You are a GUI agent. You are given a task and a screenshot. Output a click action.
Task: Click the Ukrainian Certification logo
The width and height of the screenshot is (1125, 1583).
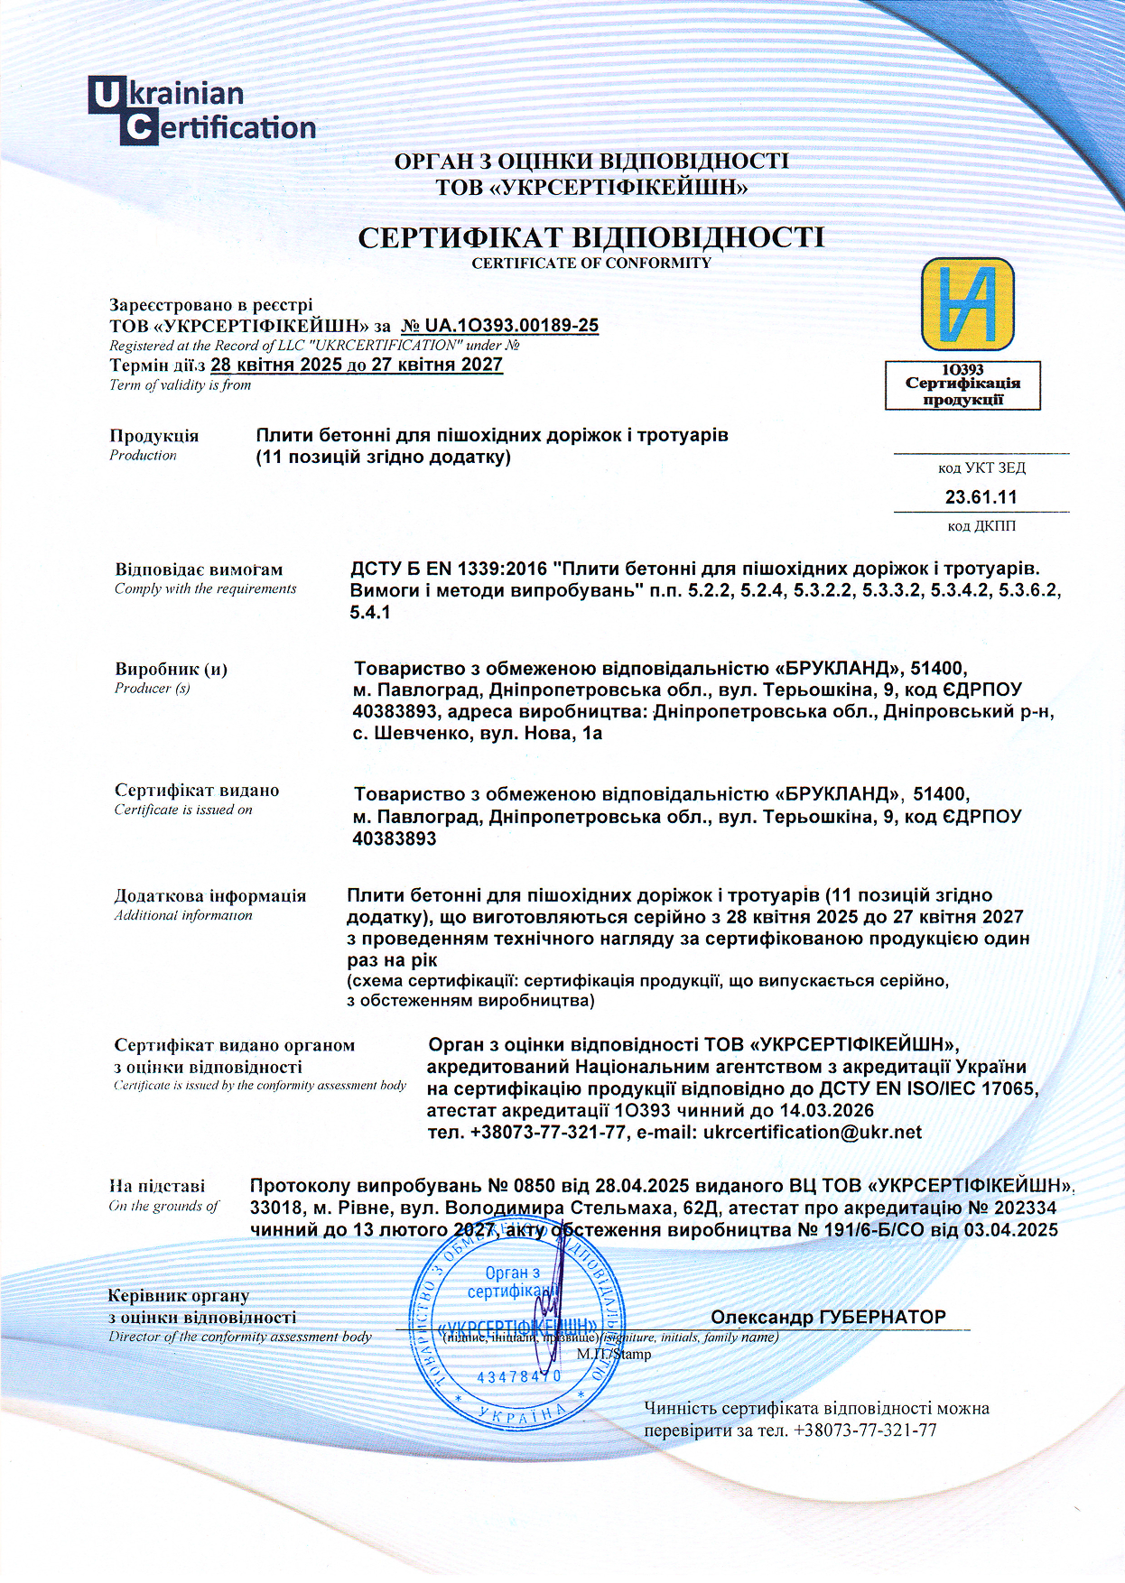click(x=201, y=111)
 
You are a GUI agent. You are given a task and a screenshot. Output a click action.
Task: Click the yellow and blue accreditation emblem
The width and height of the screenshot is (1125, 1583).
click(x=967, y=304)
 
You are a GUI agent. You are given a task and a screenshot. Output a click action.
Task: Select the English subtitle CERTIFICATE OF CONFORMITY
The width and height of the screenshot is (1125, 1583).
click(x=591, y=264)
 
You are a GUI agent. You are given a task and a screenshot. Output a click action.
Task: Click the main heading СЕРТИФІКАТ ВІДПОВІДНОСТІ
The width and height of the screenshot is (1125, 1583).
click(x=591, y=237)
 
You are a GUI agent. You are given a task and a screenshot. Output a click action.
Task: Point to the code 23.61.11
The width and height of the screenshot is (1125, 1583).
click(x=981, y=497)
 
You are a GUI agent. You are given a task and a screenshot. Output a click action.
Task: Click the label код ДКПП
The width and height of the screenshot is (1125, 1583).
click(x=981, y=526)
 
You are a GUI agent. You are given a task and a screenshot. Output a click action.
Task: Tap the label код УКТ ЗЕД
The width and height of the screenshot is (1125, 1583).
click(x=981, y=468)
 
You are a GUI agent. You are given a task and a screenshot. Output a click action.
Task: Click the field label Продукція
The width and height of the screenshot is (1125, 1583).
click(x=154, y=436)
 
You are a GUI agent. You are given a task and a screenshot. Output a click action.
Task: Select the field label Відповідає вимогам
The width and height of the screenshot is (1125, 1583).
click(x=199, y=569)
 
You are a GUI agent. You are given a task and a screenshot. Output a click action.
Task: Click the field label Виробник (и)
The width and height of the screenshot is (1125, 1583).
click(x=171, y=670)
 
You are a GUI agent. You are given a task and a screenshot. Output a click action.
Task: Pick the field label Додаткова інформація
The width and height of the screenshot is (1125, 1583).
click(x=209, y=896)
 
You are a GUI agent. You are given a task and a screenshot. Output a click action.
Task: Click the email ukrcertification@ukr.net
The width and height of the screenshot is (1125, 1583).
click(x=813, y=1133)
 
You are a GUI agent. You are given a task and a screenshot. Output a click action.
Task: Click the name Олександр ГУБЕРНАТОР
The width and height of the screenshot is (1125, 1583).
click(x=828, y=1317)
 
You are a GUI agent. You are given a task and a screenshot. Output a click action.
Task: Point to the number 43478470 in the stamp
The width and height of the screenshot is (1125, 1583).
click(x=518, y=1377)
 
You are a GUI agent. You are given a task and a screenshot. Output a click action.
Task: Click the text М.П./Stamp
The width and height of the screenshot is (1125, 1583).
click(x=614, y=1354)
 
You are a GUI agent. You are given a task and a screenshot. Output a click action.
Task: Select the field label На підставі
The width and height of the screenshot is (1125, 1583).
click(x=157, y=1186)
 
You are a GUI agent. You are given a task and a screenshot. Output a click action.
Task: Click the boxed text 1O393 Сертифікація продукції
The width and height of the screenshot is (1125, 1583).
click(x=962, y=385)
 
